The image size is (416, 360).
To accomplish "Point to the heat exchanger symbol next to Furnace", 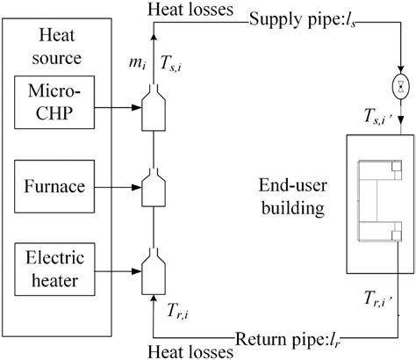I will click(154, 185).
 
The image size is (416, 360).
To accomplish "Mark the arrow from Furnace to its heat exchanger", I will click(119, 185).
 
